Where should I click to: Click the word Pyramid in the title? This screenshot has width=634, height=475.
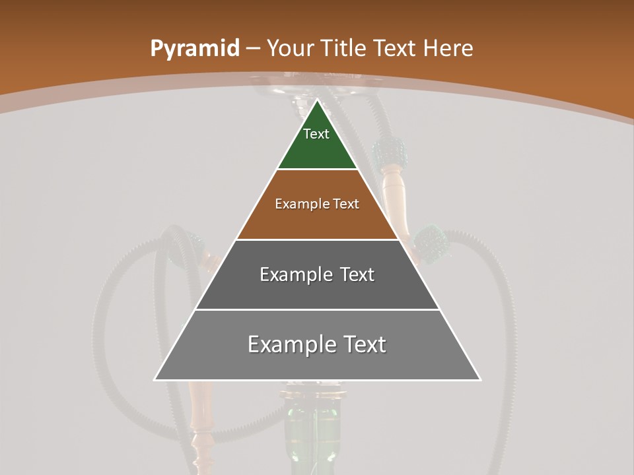pos(194,49)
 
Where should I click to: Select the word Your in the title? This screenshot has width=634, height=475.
pos(291,48)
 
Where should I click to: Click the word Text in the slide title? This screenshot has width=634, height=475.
pos(396,48)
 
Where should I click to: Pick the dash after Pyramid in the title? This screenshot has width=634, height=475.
pos(252,49)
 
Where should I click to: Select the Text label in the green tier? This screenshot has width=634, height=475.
pos(316,134)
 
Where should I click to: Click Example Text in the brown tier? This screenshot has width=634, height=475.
pos(317,204)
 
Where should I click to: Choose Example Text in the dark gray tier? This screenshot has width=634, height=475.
pos(317,274)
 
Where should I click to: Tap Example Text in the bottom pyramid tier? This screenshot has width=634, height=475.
pos(317,344)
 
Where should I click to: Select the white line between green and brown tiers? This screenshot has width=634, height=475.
pos(317,170)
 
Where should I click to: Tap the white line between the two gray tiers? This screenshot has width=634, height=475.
pos(317,309)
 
